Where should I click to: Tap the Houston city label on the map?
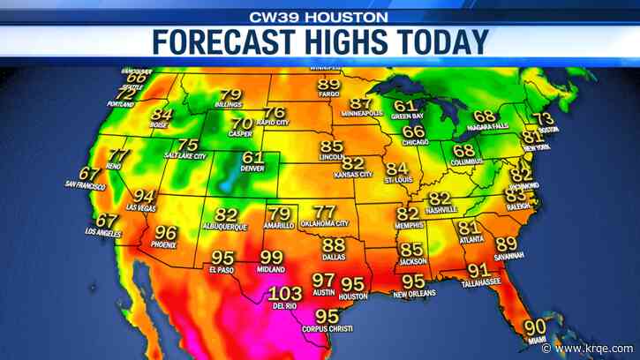pyautogui.click(x=353, y=296)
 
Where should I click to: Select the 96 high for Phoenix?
pyautogui.click(x=166, y=234)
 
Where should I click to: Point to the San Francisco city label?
pyautogui.click(x=85, y=184)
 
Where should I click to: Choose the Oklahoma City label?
pyautogui.click(x=325, y=224)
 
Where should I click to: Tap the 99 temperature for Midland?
pyautogui.click(x=271, y=257)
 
